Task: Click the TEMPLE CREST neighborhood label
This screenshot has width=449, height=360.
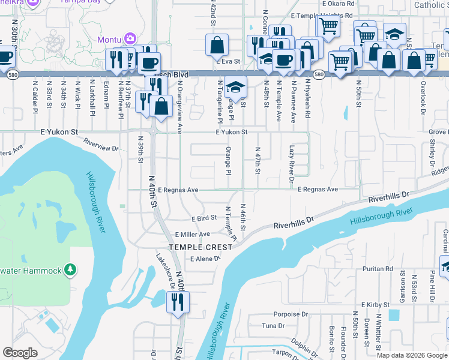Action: pos(200,247)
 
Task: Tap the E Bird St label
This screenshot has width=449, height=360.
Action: pos(203,218)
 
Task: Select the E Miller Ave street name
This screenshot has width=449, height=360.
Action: pos(192,234)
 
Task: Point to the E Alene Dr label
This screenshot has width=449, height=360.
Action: pos(205,259)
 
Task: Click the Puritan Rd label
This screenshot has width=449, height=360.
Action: pos(381,269)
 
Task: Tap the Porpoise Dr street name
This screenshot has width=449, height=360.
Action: pos(291,314)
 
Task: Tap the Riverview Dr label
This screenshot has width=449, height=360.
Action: pos(101,143)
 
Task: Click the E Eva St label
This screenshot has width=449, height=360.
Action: pos(228,61)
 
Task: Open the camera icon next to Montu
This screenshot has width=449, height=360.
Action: pos(130,40)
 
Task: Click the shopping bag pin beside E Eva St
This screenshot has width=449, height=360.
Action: pos(217,45)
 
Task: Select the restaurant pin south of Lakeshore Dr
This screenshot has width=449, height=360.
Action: pos(178,304)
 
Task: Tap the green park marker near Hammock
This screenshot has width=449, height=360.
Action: pos(71,271)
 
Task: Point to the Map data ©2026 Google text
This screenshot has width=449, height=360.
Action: pos(411,355)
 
